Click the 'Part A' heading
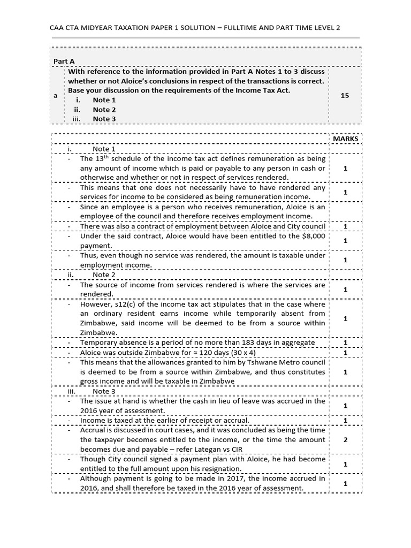pyautogui.click(x=63, y=61)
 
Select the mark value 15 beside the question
pyautogui.click(x=345, y=95)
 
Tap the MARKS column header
pyautogui.click(x=345, y=139)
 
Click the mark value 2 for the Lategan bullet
pyautogui.click(x=345, y=439)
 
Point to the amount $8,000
pyautogui.click(x=313, y=236)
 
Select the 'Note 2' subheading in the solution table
pyautogui.click(x=104, y=275)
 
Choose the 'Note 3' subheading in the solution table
pyautogui.click(x=104, y=391)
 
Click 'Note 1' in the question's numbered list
pyautogui.click(x=104, y=100)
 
